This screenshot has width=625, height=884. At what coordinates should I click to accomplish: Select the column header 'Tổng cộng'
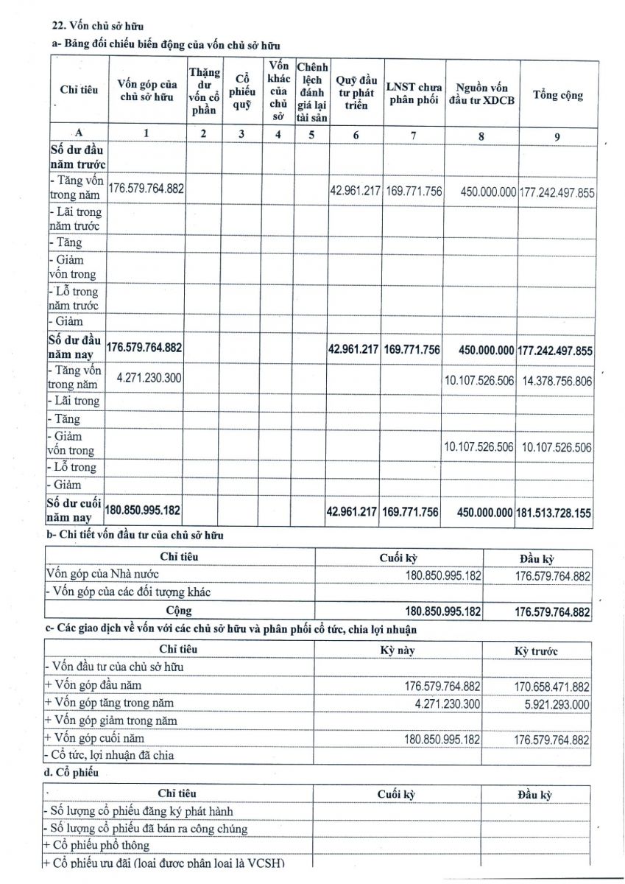pos(557,95)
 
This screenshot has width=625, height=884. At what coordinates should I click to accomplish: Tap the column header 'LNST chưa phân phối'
pos(414,94)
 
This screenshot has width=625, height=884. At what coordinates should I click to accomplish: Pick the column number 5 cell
pos(311,133)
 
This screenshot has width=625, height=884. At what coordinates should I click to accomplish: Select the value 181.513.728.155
pos(556,513)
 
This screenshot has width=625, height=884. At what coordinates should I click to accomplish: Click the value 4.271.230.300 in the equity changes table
pos(149,377)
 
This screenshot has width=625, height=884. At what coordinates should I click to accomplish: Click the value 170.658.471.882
pos(552,687)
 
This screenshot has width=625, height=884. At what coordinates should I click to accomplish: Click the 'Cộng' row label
pos(179,610)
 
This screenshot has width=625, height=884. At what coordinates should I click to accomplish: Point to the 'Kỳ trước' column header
pos(536,651)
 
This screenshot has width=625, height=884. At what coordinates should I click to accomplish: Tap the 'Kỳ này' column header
pos(397,650)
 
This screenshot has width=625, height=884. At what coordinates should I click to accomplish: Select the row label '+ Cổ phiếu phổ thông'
pos(97,845)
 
